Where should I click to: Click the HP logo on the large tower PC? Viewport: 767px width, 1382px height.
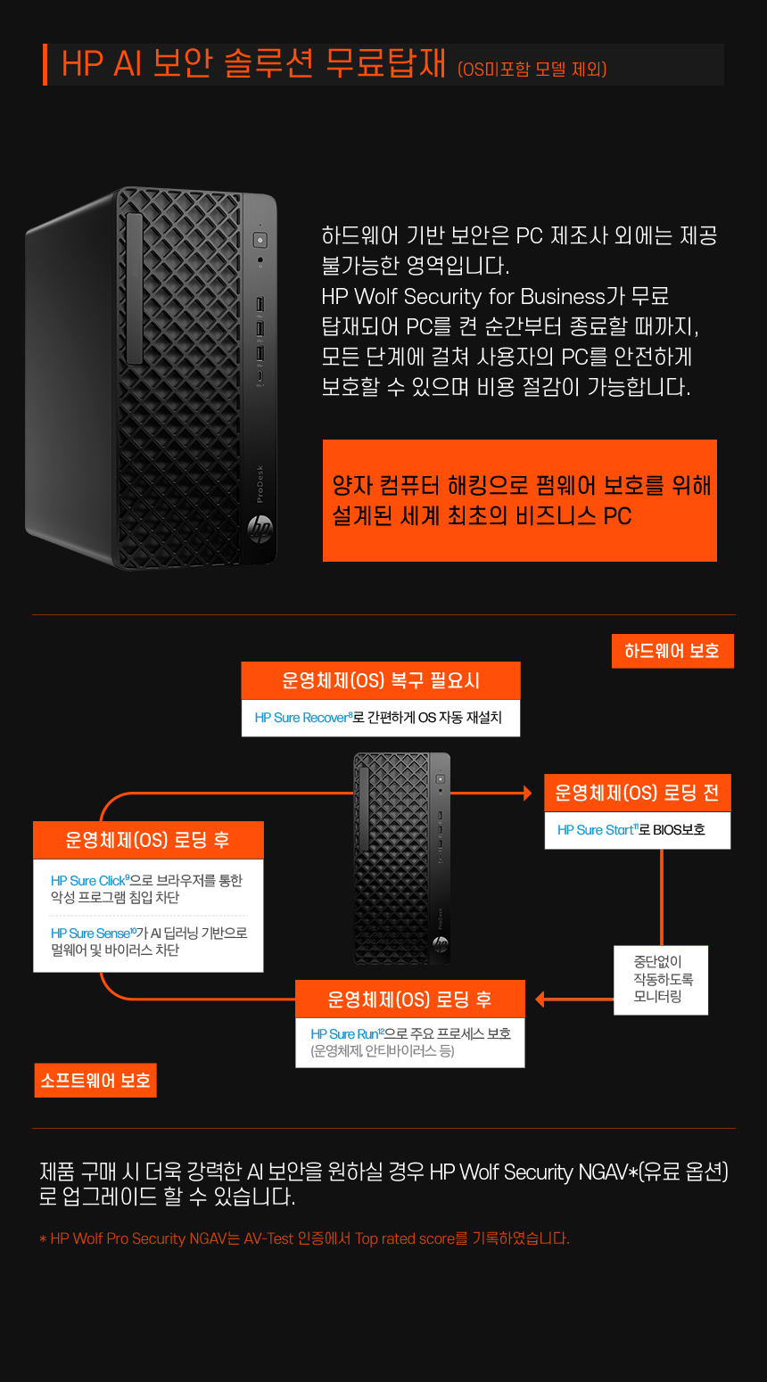(260, 530)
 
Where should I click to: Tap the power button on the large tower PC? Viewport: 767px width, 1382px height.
(260, 239)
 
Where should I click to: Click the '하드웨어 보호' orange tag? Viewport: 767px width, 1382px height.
(672, 651)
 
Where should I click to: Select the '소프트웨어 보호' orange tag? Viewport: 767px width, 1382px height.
(95, 1080)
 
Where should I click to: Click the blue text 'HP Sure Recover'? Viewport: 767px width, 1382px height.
(302, 718)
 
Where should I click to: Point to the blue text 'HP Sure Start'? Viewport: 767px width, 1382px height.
(596, 830)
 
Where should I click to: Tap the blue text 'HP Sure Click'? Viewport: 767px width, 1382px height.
(88, 880)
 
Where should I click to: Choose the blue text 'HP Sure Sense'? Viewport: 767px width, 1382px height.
(90, 933)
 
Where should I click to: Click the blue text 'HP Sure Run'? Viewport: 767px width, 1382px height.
(344, 1034)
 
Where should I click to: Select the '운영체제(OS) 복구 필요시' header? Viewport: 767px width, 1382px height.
(381, 680)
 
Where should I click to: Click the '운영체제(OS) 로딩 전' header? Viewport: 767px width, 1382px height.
(638, 793)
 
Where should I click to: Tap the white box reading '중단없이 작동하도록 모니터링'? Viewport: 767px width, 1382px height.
(661, 980)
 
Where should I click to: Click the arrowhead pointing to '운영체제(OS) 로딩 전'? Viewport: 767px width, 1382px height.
(528, 793)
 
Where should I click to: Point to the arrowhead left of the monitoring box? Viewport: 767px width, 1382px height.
(540, 999)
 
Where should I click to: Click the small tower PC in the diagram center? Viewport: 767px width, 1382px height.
(401, 859)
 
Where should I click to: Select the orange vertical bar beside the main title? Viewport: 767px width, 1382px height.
(45, 64)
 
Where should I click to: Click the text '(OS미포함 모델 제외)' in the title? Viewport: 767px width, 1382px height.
(532, 69)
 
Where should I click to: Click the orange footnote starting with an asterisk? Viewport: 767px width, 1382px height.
(304, 1238)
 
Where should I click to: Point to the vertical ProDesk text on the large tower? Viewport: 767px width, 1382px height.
(260, 483)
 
